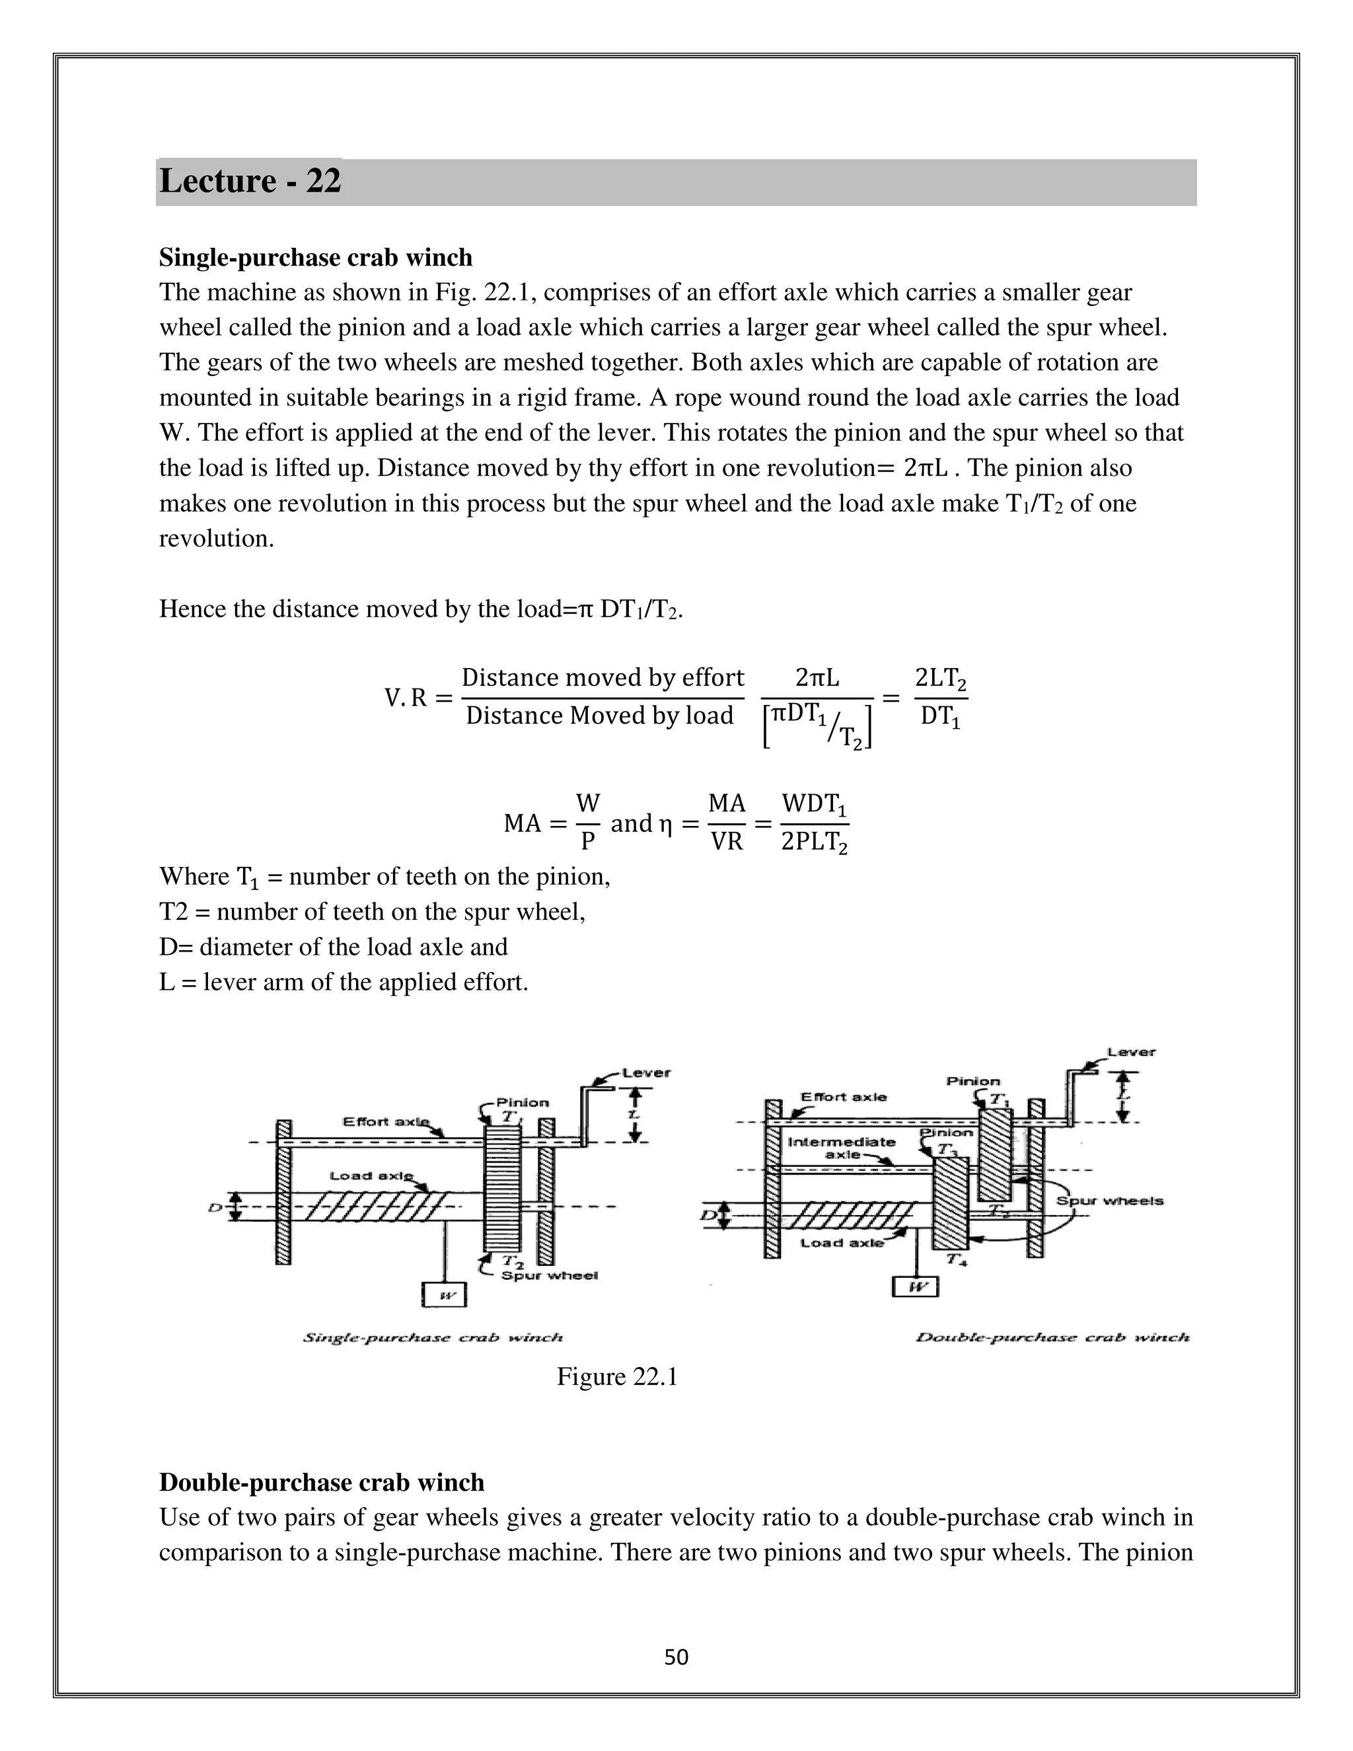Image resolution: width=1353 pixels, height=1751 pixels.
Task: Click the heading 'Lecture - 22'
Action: point(250,181)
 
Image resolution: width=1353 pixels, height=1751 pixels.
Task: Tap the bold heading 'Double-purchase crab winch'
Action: point(322,1483)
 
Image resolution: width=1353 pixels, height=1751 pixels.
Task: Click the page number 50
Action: point(676,1657)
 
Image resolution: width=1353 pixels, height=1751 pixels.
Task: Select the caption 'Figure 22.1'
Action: point(617,1376)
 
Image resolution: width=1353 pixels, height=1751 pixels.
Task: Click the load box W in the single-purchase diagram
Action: point(444,1295)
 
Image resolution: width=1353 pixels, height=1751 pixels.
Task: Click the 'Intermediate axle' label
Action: point(841,1147)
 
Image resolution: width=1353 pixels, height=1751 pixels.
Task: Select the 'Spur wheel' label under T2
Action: point(549,1275)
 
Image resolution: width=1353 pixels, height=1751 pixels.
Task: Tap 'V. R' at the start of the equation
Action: point(406,698)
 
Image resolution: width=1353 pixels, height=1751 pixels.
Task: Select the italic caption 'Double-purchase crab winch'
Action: point(1052,1337)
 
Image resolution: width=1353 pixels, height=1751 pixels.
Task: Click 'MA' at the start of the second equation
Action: point(523,823)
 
